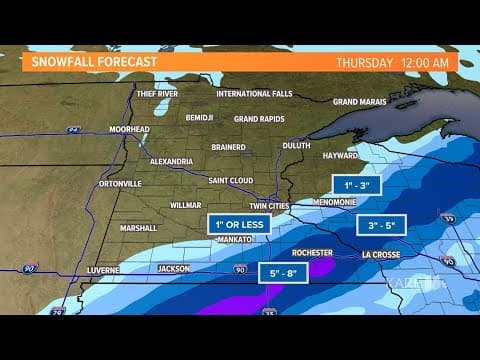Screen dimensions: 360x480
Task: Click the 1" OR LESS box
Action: pos(240,224)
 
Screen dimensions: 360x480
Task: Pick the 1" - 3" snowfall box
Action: pos(357,185)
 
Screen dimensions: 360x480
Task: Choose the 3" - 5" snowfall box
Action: pos(383,225)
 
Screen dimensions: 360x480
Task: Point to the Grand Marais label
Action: pos(359,102)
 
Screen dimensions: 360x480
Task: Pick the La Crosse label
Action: pos(381,254)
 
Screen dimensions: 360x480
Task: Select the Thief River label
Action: pos(159,94)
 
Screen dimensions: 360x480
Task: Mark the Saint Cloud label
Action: pos(231,181)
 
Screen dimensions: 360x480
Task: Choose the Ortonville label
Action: pos(120,184)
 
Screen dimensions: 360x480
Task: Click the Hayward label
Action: pos(341,156)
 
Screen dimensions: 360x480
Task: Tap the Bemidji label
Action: pos(200,118)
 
